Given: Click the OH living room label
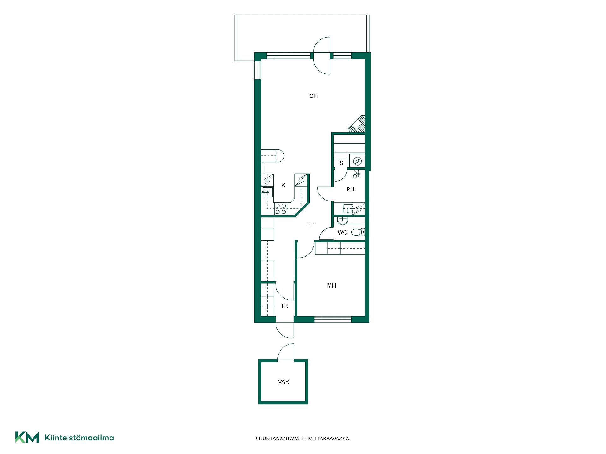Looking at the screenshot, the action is [x=313, y=96].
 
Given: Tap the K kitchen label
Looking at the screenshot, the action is [x=283, y=185].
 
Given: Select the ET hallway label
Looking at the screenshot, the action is [x=310, y=225].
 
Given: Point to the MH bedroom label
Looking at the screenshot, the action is [x=331, y=286].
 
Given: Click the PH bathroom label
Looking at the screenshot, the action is [x=350, y=189].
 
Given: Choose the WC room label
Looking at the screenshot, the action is [x=342, y=233].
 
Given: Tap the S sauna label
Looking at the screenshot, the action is [x=341, y=163].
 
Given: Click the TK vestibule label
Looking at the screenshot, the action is [x=284, y=306].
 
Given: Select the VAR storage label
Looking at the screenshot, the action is [x=283, y=382].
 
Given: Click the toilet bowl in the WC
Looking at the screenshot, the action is [x=358, y=232].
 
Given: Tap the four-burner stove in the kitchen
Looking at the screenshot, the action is [x=281, y=209].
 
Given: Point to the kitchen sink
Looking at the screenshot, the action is [x=267, y=192].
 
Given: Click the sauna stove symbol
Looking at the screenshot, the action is [x=357, y=161].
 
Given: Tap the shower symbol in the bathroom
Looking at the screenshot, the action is [x=357, y=173].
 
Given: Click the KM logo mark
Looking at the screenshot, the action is [x=27, y=437].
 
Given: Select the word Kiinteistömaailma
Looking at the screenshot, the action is [x=80, y=438].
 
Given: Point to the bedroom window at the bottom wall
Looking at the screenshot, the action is [x=333, y=319].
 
